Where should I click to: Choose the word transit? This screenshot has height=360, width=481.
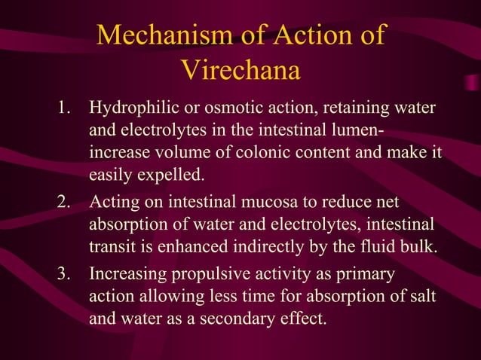click(x=111, y=249)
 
